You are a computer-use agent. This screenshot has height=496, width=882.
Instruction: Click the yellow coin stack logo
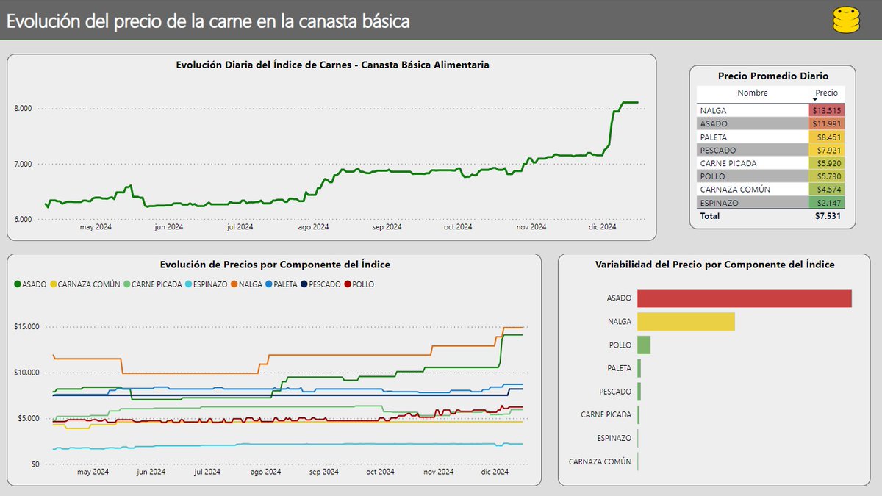point(846,20)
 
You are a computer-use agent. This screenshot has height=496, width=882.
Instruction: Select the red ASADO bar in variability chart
point(744,298)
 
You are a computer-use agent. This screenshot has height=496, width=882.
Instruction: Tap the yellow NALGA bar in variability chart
point(686,322)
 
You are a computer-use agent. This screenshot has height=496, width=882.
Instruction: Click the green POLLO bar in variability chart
point(644,345)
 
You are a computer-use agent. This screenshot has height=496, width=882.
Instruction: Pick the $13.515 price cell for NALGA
point(826,110)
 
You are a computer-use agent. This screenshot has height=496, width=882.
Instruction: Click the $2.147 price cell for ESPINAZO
point(826,203)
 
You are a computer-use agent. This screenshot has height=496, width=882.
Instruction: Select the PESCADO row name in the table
point(717,150)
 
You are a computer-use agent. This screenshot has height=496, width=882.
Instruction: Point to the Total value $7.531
point(827,216)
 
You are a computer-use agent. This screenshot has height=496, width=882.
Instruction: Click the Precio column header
point(826,93)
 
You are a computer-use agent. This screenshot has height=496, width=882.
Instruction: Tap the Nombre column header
point(752,93)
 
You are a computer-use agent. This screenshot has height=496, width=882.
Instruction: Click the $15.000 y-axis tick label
point(27,326)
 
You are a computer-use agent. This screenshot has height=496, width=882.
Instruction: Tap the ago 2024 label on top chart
point(313,227)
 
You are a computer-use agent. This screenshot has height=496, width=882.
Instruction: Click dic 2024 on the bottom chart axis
point(495,472)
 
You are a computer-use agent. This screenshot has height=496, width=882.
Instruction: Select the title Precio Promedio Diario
point(772,76)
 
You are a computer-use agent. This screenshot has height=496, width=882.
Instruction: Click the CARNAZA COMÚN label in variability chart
point(600,461)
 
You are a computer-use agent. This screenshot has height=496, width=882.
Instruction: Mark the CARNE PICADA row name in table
point(728,163)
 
